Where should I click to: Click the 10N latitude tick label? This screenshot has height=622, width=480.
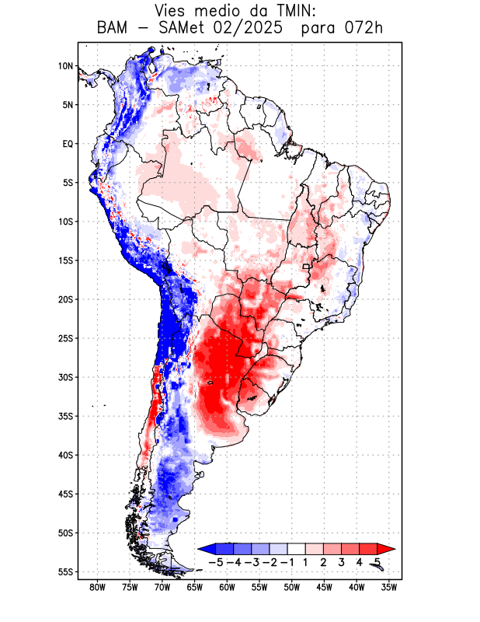(65, 66)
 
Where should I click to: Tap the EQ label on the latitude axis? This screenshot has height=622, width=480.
(68, 144)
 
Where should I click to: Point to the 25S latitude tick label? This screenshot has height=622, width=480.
(65, 338)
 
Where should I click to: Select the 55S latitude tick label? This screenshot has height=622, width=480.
(65, 571)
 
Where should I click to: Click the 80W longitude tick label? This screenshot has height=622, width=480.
(97, 587)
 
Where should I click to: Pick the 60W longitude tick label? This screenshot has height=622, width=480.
(227, 587)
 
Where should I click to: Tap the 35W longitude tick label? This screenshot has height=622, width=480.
(388, 587)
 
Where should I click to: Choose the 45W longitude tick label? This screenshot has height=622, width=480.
(324, 587)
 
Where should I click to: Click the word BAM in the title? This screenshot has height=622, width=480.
(113, 29)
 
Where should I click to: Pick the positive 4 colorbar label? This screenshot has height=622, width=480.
(359, 561)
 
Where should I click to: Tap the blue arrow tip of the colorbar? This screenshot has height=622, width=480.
(204, 548)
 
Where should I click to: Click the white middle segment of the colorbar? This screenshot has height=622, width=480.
(296, 548)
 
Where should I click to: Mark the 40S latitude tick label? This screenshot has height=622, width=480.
(65, 455)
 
